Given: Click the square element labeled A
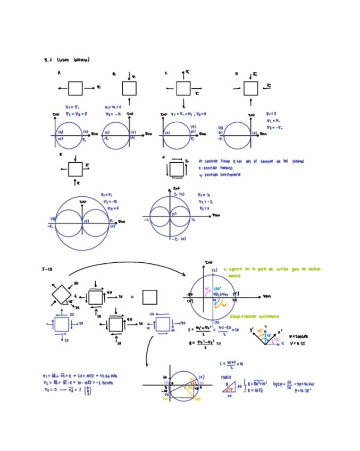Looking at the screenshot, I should click(x=76, y=88).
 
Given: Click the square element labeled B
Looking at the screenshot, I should click(x=129, y=88).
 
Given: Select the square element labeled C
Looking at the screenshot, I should click(x=183, y=88).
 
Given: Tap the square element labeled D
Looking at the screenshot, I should click(x=251, y=88).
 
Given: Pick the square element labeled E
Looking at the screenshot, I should click(x=76, y=169).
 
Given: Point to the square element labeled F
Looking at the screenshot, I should click(x=176, y=169).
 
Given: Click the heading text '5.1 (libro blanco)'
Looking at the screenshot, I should click(x=66, y=60).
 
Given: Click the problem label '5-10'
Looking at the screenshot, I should click(x=47, y=269).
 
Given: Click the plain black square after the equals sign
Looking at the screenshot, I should click(x=149, y=297).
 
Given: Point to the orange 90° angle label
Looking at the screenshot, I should click(x=224, y=305).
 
